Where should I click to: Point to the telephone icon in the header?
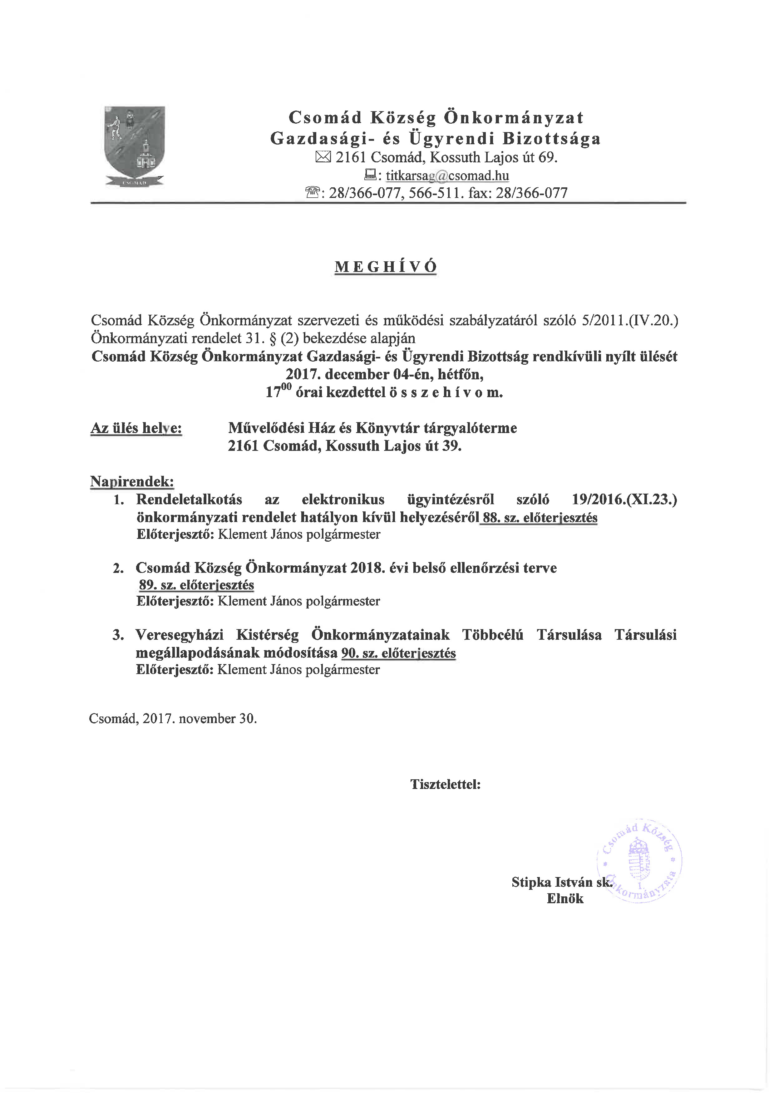pyautogui.click(x=312, y=193)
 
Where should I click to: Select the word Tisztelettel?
pyautogui.click(x=445, y=784)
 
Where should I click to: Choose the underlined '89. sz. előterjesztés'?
pyautogui.click(x=196, y=585)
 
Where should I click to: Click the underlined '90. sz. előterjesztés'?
pyautogui.click(x=398, y=653)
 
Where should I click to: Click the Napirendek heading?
pyautogui.click(x=132, y=482)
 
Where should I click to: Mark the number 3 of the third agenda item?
pyautogui.click(x=117, y=635)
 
